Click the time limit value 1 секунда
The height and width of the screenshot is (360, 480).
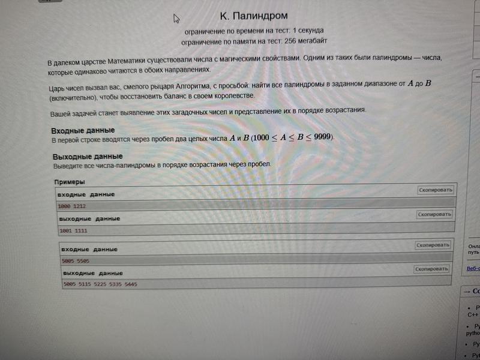pyautogui.click(x=307, y=30)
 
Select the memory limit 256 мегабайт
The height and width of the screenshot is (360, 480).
pyautogui.click(x=301, y=41)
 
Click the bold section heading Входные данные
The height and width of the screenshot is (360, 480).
pyautogui.click(x=83, y=131)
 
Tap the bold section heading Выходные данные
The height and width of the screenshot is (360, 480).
pyautogui.click(x=88, y=157)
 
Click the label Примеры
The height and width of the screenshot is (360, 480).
pyautogui.click(x=69, y=182)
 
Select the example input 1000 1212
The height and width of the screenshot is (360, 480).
pyautogui.click(x=72, y=206)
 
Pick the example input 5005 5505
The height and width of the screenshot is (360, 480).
pyautogui.click(x=76, y=261)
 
